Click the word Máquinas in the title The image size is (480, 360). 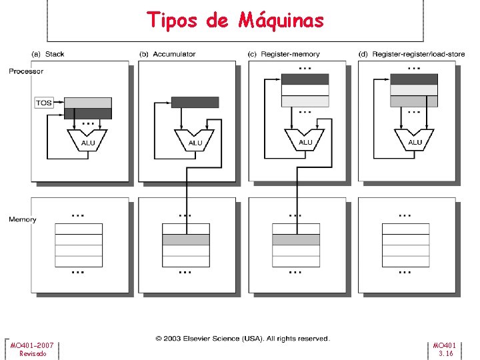point(281,21)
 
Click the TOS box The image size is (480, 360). point(44,103)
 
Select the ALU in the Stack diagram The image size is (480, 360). point(87,141)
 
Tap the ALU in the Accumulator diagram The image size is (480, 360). point(195,141)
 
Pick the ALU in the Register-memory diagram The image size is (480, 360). point(305,140)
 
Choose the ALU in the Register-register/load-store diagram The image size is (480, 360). point(414,140)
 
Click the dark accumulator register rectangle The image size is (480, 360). point(195,102)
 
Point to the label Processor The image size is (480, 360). point(26,71)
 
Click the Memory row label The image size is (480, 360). point(23,219)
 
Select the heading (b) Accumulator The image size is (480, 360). point(167,54)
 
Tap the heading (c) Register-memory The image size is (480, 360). point(283,54)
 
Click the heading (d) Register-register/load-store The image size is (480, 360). point(411,54)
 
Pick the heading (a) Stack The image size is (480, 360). point(48,54)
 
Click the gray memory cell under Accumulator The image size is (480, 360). point(186,240)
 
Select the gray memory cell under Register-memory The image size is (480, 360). point(296,240)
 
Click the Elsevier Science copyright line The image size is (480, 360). point(243,339)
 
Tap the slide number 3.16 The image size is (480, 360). point(445,353)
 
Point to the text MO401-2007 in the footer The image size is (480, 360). point(32,345)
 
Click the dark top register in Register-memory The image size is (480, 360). point(305,79)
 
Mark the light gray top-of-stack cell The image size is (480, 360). point(88,103)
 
